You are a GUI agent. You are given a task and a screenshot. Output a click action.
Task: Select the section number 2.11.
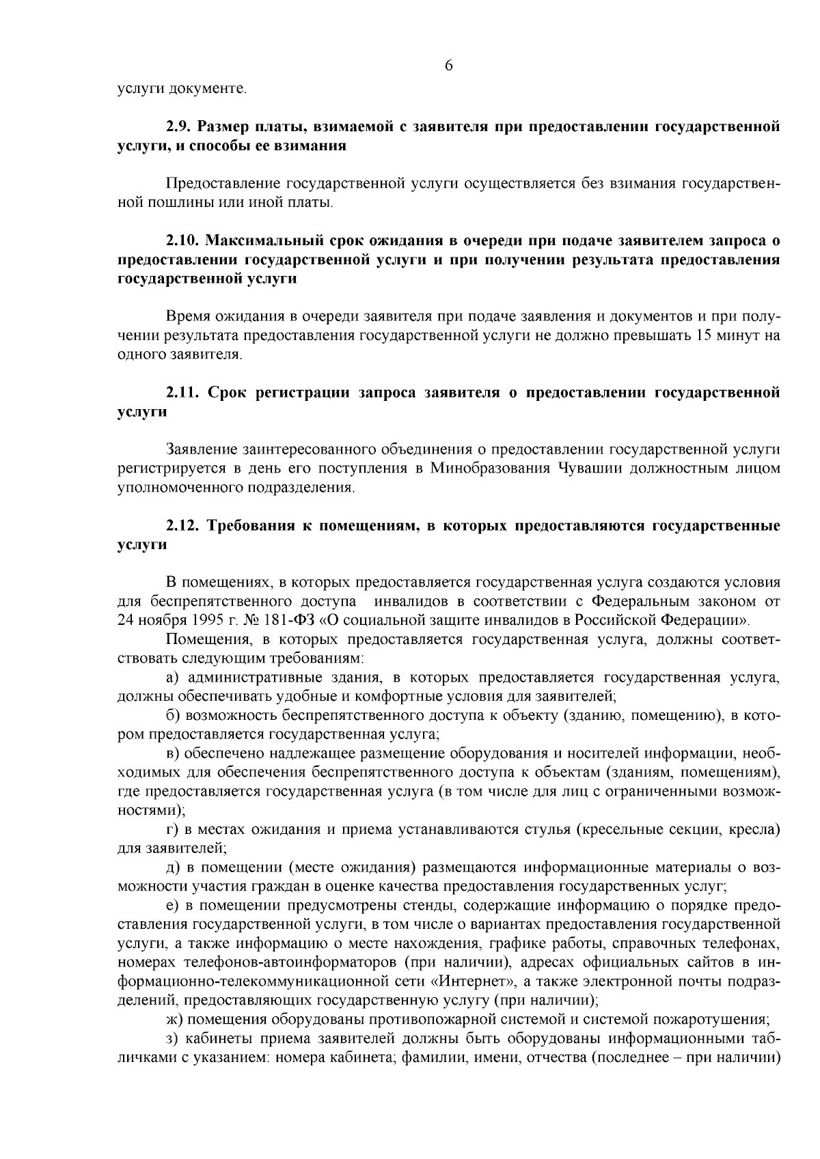click(183, 393)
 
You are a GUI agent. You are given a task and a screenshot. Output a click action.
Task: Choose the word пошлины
click(170, 203)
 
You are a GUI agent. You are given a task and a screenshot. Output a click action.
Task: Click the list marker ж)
click(174, 1020)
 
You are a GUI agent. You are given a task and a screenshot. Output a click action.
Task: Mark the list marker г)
click(173, 830)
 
